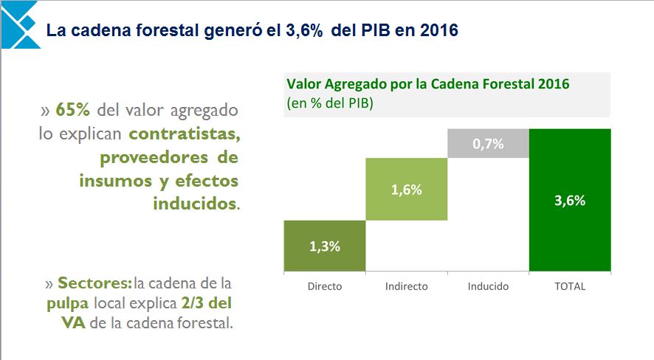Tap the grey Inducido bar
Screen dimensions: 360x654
[x=488, y=144]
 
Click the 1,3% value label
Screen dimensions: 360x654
[x=325, y=246]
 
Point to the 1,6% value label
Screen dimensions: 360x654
[x=407, y=190]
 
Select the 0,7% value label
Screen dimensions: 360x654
[x=488, y=144]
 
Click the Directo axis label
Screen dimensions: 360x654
[x=325, y=286]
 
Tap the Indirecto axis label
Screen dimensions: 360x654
[x=407, y=286]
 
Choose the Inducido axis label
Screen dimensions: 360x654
[x=488, y=286]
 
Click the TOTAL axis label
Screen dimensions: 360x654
[x=570, y=286]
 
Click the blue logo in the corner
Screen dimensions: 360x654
[x=19, y=24]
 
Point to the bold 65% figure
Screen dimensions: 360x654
[x=72, y=110]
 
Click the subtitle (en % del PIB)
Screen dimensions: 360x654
[x=330, y=103]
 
